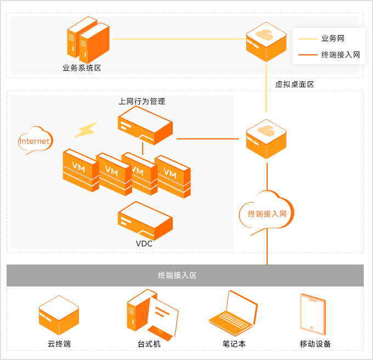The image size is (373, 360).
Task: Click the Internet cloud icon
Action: coord(34,141)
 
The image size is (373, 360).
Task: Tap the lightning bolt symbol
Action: coord(86,130)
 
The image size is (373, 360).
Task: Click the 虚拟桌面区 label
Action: coord(295,85)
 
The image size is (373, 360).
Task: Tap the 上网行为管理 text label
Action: coord(142,102)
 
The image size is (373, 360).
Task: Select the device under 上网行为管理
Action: coord(145,125)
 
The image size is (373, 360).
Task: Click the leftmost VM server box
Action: coord(80,169)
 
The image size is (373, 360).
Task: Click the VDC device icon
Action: coord(145,220)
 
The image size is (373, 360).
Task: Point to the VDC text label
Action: coord(144,244)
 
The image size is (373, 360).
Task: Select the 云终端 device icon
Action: coord(59,315)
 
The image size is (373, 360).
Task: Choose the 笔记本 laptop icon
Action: coord(233,311)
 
